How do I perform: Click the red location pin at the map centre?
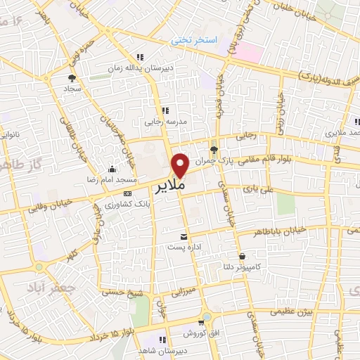click(181, 165)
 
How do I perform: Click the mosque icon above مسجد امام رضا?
click(112, 169)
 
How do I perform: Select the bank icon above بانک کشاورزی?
click(127, 193)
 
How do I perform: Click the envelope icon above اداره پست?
click(184, 236)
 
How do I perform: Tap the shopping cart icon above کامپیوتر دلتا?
click(243, 256)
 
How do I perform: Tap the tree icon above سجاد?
click(71, 79)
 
